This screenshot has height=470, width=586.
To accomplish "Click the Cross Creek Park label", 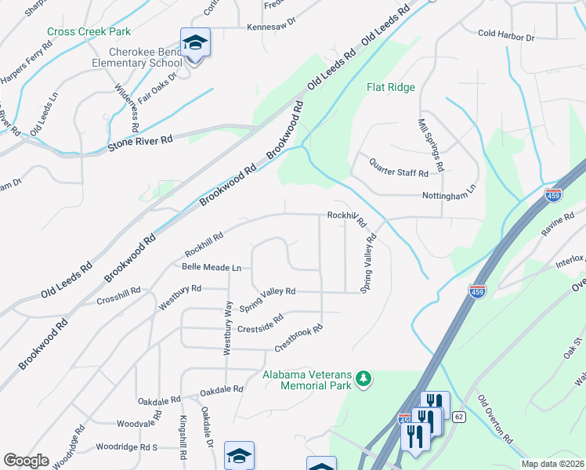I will tap(89, 31).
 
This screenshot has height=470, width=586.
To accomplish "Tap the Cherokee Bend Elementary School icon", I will tap(195, 43).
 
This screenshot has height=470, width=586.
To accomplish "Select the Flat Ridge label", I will tap(390, 88).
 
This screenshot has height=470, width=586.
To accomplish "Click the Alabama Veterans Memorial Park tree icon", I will tap(364, 380).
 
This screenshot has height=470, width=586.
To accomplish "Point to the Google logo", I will tap(26, 461).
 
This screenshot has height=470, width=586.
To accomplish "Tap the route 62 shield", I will tap(459, 417).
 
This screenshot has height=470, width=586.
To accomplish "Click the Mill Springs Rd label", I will tap(432, 146).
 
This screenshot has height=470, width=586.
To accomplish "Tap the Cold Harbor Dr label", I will tap(506, 36).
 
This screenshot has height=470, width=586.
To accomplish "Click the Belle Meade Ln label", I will tap(210, 267).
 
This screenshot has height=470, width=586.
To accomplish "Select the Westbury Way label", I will tap(228, 328).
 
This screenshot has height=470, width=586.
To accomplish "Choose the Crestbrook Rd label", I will tap(298, 338).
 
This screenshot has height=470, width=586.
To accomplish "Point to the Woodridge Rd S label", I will tap(127, 446).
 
